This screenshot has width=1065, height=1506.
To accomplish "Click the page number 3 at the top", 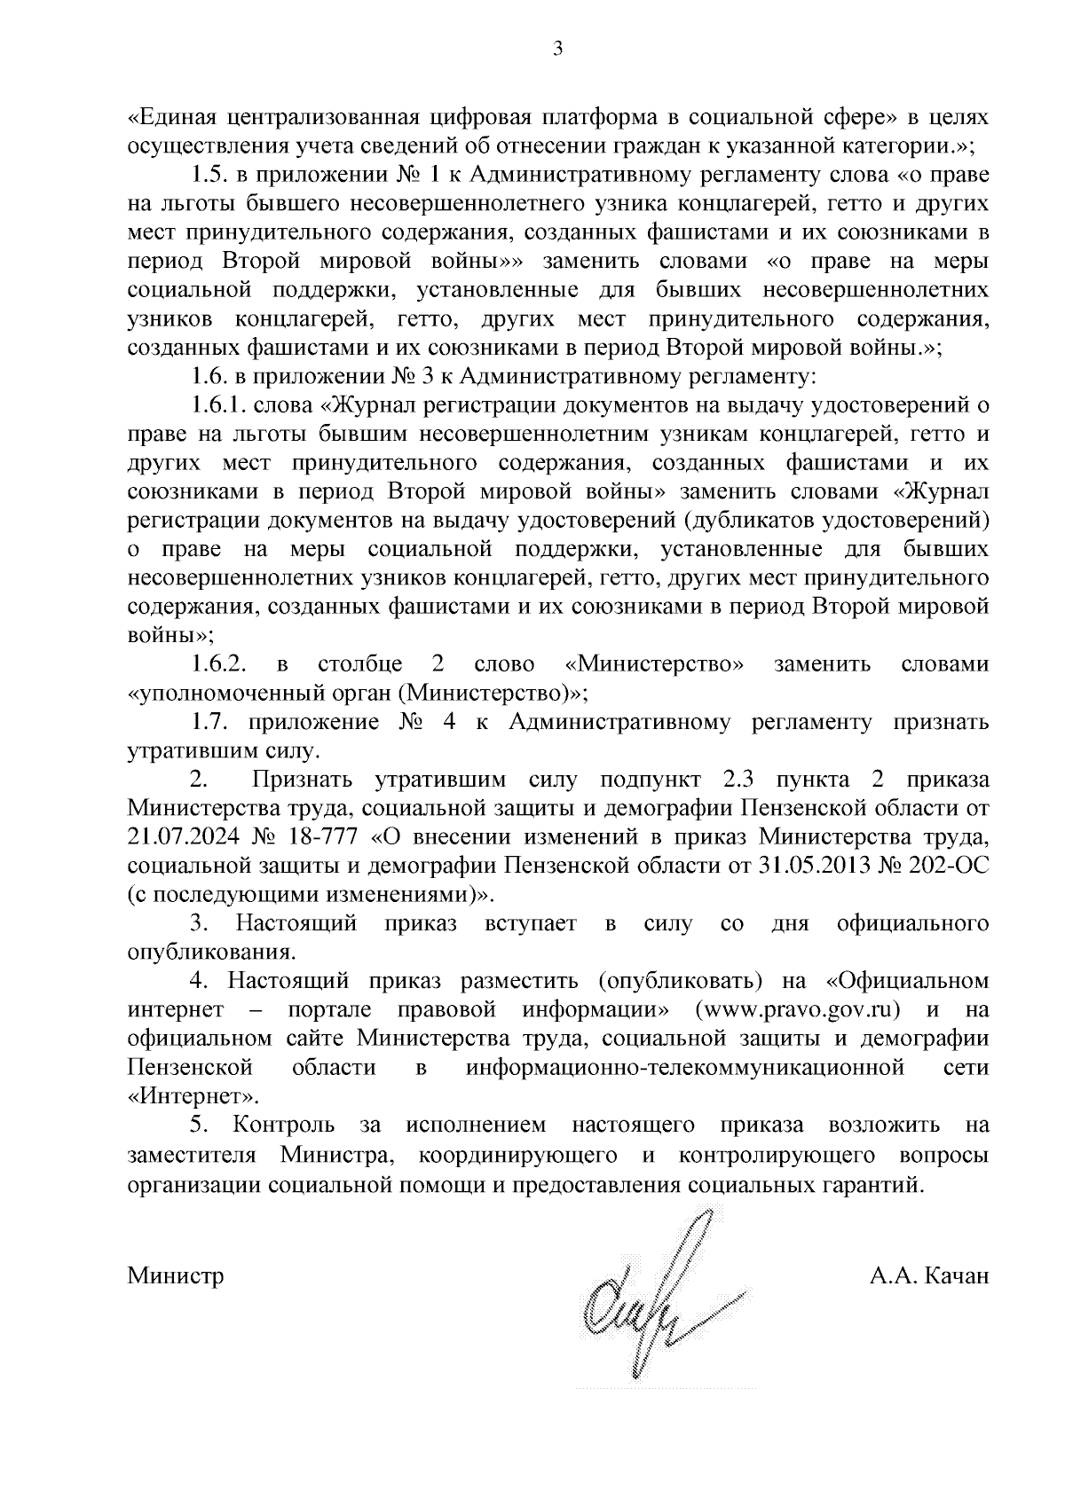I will (557, 51).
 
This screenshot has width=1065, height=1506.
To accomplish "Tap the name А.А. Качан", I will (929, 1275).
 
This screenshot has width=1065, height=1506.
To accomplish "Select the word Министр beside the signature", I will (176, 1275).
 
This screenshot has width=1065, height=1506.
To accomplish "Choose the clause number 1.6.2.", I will (217, 664).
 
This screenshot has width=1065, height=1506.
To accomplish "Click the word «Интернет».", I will (193, 1095).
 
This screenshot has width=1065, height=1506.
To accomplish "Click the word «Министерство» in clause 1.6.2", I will (654, 664).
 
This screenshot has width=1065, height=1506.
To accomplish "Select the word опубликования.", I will (210, 953).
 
